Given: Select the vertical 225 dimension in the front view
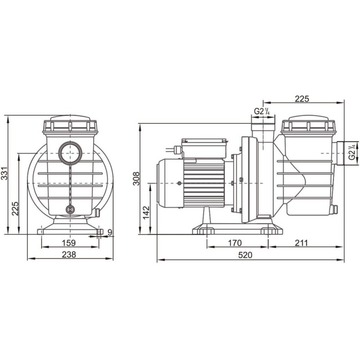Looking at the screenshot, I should coord(15,208).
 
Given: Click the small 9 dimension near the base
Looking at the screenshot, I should coord(110,232).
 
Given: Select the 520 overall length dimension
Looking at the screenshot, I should coord(245,255).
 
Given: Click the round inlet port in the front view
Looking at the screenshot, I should coord(70,153).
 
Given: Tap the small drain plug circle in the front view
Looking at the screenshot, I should coord(70,209).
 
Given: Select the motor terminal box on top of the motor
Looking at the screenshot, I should coord(203,148).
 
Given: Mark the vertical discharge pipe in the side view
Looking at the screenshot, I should coord(263,130).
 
